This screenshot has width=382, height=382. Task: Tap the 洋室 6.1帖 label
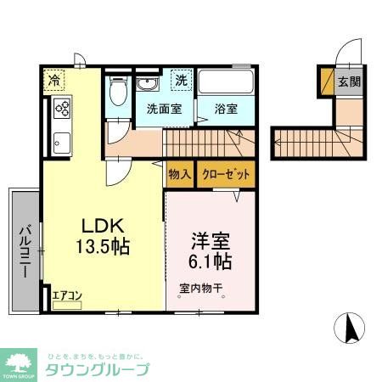(211, 247)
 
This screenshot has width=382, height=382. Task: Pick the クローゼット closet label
(226, 175)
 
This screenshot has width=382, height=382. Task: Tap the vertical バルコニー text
(25, 250)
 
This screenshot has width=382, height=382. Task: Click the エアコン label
(66, 295)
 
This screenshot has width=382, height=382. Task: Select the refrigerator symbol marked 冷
(53, 82)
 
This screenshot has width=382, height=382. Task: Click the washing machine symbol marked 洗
(182, 81)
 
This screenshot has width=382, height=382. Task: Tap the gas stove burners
(62, 108)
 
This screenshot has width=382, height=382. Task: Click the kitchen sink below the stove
(61, 142)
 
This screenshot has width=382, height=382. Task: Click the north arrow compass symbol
(350, 327)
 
